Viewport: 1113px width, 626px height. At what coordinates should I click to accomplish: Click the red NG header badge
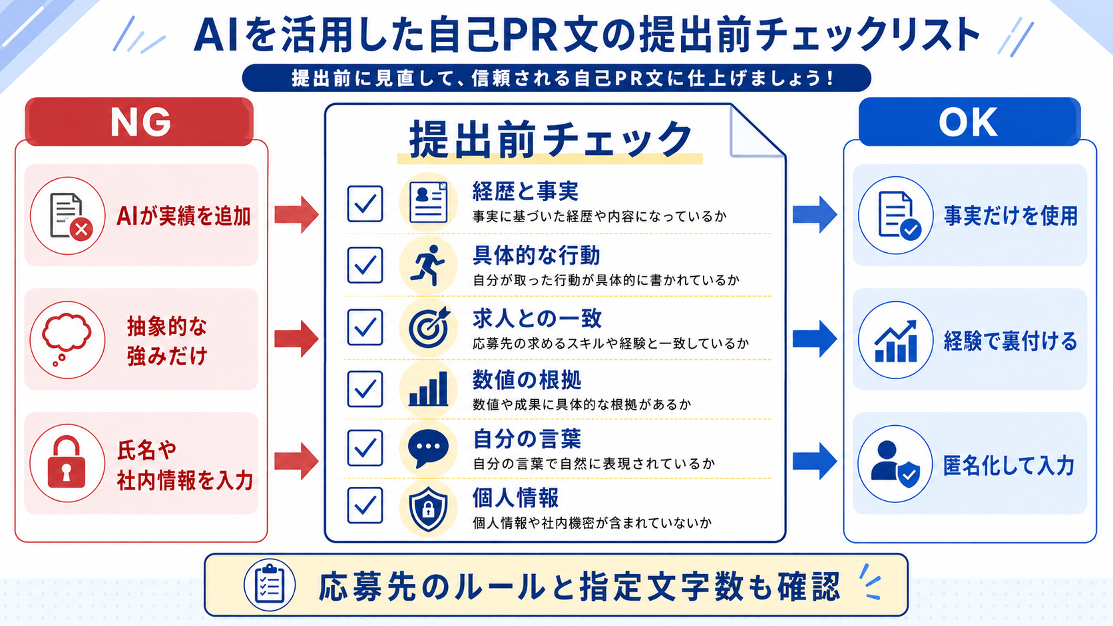click(139, 122)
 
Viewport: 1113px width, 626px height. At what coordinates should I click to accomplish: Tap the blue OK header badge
click(969, 122)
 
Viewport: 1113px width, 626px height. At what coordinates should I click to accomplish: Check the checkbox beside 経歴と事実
click(365, 204)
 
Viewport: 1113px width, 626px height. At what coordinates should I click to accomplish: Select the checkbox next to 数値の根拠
click(365, 389)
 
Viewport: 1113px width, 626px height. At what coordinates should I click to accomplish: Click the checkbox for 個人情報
click(365, 506)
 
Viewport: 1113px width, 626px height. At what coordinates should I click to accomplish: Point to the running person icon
click(427, 265)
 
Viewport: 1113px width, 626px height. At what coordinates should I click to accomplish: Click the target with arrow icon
click(429, 327)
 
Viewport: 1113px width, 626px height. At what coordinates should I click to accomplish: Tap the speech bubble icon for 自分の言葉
click(428, 449)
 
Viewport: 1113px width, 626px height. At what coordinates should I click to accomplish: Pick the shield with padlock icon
click(428, 509)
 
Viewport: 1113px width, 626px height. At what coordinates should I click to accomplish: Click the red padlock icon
click(67, 462)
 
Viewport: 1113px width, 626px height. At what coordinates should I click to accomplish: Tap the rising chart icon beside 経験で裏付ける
click(895, 341)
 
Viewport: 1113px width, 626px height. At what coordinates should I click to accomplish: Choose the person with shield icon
click(895, 464)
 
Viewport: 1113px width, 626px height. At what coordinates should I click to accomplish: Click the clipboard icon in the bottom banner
click(270, 585)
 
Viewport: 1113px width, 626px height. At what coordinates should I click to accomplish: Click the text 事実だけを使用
click(1010, 216)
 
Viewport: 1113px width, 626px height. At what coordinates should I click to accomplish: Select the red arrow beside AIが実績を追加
click(297, 214)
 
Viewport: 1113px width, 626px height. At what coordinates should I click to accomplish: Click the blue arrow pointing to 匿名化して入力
click(815, 461)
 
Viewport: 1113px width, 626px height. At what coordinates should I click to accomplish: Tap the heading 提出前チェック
click(550, 140)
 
